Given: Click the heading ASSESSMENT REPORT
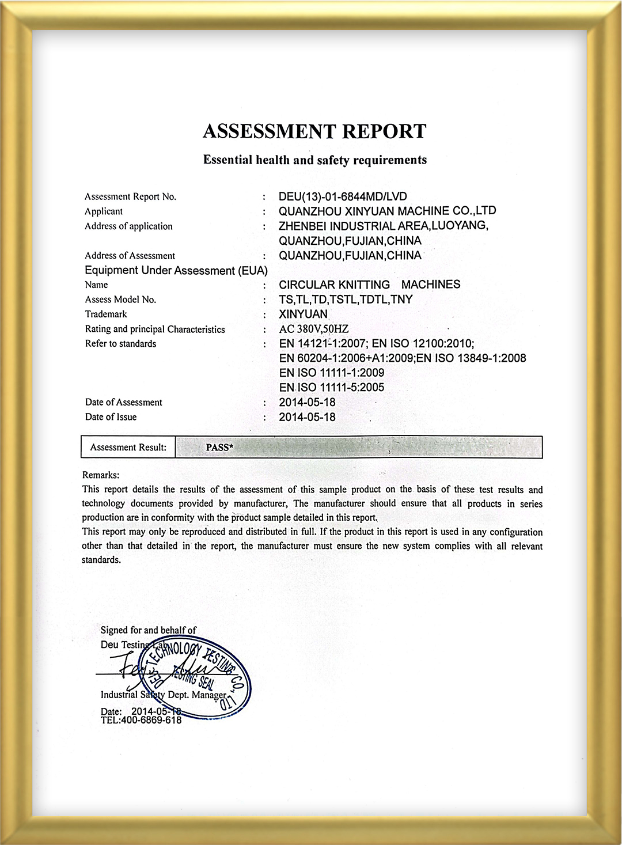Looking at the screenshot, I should coord(314,131).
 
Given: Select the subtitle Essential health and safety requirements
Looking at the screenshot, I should coord(314,160).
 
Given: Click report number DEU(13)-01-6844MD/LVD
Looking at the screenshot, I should coord(343,196).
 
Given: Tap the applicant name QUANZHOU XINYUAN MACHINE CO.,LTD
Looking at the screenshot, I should coord(387,211).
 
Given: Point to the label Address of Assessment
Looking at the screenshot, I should coord(130,256).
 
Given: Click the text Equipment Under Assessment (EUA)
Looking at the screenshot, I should coord(176,271).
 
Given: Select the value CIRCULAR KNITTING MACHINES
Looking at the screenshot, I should coord(369,285).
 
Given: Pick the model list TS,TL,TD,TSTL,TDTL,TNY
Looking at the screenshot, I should coord(346,300).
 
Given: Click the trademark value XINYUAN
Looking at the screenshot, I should coord(303,314).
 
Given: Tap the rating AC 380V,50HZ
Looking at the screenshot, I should coord(314,329).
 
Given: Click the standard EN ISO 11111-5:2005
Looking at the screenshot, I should coord(331,388).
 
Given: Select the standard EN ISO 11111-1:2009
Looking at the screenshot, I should coord(331,373).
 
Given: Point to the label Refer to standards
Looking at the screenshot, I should coord(120,344).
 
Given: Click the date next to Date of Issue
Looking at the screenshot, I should coord(307,417).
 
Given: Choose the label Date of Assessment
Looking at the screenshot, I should coord(123,402).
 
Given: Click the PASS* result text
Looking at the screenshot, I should coord(219,448).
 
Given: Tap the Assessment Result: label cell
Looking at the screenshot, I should coord(128,448).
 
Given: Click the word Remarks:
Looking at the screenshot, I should coord(101,475).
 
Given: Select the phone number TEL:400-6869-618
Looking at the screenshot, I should coord(141,720).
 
